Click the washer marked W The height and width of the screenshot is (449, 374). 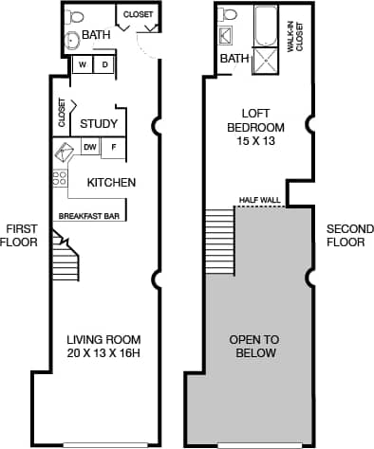84,64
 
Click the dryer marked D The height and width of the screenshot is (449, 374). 105,64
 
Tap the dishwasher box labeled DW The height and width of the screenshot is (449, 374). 90,147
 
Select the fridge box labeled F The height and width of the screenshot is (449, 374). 114,147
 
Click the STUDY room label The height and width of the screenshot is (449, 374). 99,124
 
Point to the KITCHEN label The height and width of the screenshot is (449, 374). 112,182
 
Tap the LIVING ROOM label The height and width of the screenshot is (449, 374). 103,346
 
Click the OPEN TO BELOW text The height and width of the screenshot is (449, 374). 253,346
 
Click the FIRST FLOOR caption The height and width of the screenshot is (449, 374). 21,235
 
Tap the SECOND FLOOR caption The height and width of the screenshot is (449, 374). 346,235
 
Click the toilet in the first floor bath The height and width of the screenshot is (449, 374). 74,17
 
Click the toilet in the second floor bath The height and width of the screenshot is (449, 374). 227,16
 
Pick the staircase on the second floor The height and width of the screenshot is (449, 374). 219,241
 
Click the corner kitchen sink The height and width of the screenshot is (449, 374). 64,153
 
